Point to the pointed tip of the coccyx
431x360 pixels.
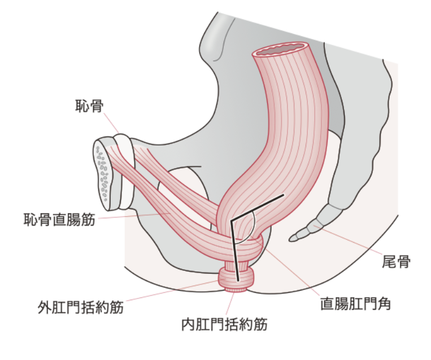point(292,238)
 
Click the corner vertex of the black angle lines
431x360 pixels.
point(231,221)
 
